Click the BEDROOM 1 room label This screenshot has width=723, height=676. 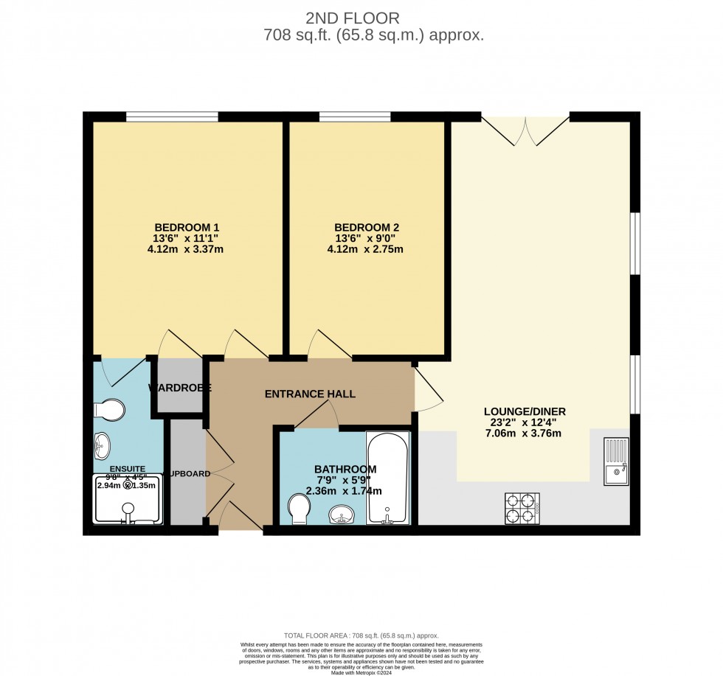pyautogui.click(x=186, y=226)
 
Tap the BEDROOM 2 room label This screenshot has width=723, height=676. pyautogui.click(x=366, y=227)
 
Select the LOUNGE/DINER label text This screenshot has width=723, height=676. pyautogui.click(x=524, y=411)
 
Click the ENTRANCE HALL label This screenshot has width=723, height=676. pyautogui.click(x=310, y=394)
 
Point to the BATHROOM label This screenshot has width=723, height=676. pyautogui.click(x=345, y=469)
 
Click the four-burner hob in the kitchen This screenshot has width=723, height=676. pyautogui.click(x=522, y=508)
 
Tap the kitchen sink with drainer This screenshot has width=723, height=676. pyautogui.click(x=615, y=461)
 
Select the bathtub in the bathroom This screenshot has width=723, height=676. pyautogui.click(x=387, y=478)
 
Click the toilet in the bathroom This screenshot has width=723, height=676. pyautogui.click(x=300, y=508)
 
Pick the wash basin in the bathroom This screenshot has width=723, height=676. pyautogui.click(x=341, y=513)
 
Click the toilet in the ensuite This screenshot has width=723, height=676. pyautogui.click(x=111, y=409)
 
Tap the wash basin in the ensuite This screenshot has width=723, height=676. pyautogui.click(x=103, y=445)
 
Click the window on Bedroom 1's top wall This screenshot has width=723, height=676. pyautogui.click(x=172, y=116)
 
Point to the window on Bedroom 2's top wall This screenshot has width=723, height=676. pyautogui.click(x=354, y=116)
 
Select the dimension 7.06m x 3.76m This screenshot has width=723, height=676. pyautogui.click(x=524, y=433)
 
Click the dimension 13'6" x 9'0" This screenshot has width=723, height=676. pyautogui.click(x=366, y=238)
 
